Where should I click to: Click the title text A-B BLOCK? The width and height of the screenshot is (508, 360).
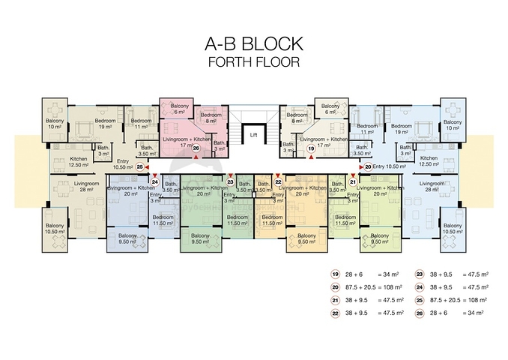pyautogui.click(x=254, y=43)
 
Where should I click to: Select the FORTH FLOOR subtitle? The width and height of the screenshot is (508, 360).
pyautogui.click(x=254, y=61)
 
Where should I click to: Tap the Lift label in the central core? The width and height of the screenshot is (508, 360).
pyautogui.click(x=253, y=136)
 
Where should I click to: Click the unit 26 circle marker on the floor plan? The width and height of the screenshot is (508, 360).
pyautogui.click(x=196, y=148)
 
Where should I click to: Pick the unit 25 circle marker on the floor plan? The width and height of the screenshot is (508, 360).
pyautogui.click(x=140, y=166)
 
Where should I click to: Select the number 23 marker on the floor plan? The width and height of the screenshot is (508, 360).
pyautogui.click(x=231, y=181)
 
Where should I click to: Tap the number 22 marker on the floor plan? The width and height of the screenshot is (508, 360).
pyautogui.click(x=278, y=181)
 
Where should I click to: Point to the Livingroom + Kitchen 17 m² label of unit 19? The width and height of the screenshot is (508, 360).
pyautogui.click(x=323, y=142)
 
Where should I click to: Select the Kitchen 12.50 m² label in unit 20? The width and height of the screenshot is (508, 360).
pyautogui.click(x=428, y=160)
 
